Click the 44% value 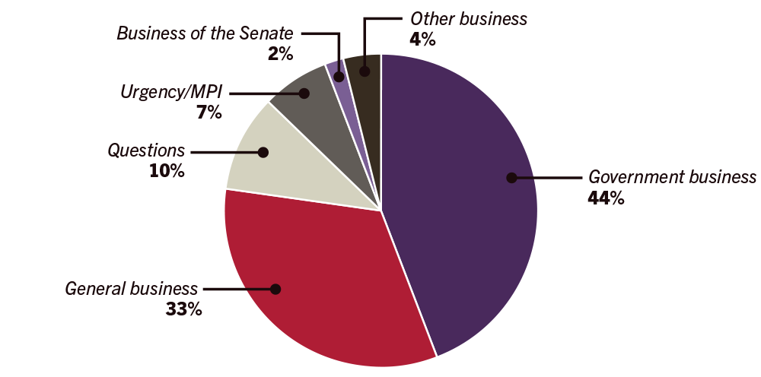click(x=606, y=198)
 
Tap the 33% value click(x=183, y=309)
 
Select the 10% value click(x=167, y=170)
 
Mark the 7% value click(x=208, y=113)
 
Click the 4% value click(x=422, y=38)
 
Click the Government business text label click(x=673, y=178)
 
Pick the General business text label click(x=132, y=289)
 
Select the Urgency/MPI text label click(x=173, y=93)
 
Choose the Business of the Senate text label click(x=205, y=33)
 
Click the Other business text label click(x=468, y=18)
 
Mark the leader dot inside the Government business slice click(x=512, y=178)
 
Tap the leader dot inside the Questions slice click(x=263, y=152)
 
